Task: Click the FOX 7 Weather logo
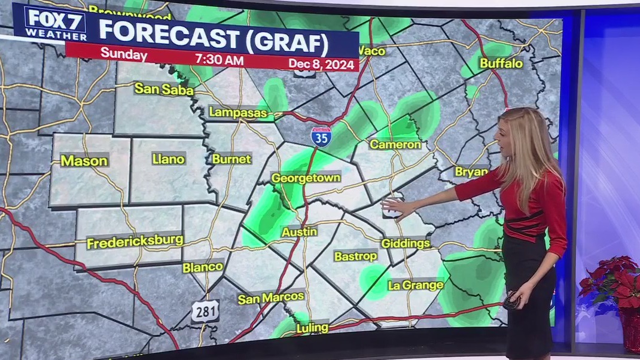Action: click(x=50, y=23)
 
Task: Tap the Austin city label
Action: click(x=299, y=231)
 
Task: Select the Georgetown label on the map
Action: click(x=306, y=178)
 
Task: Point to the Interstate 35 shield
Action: click(x=321, y=137)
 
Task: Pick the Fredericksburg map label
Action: click(x=135, y=242)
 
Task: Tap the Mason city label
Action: click(x=84, y=160)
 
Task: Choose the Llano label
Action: click(x=169, y=158)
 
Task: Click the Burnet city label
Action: click(x=231, y=159)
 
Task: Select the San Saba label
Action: click(x=164, y=90)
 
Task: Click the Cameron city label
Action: click(x=395, y=144)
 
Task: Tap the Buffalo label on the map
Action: click(x=501, y=63)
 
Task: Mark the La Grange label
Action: click(x=416, y=285)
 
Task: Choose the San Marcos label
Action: click(x=271, y=297)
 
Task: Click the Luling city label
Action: click(x=312, y=327)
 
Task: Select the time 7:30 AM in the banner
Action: click(x=219, y=60)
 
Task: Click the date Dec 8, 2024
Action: click(x=322, y=63)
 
